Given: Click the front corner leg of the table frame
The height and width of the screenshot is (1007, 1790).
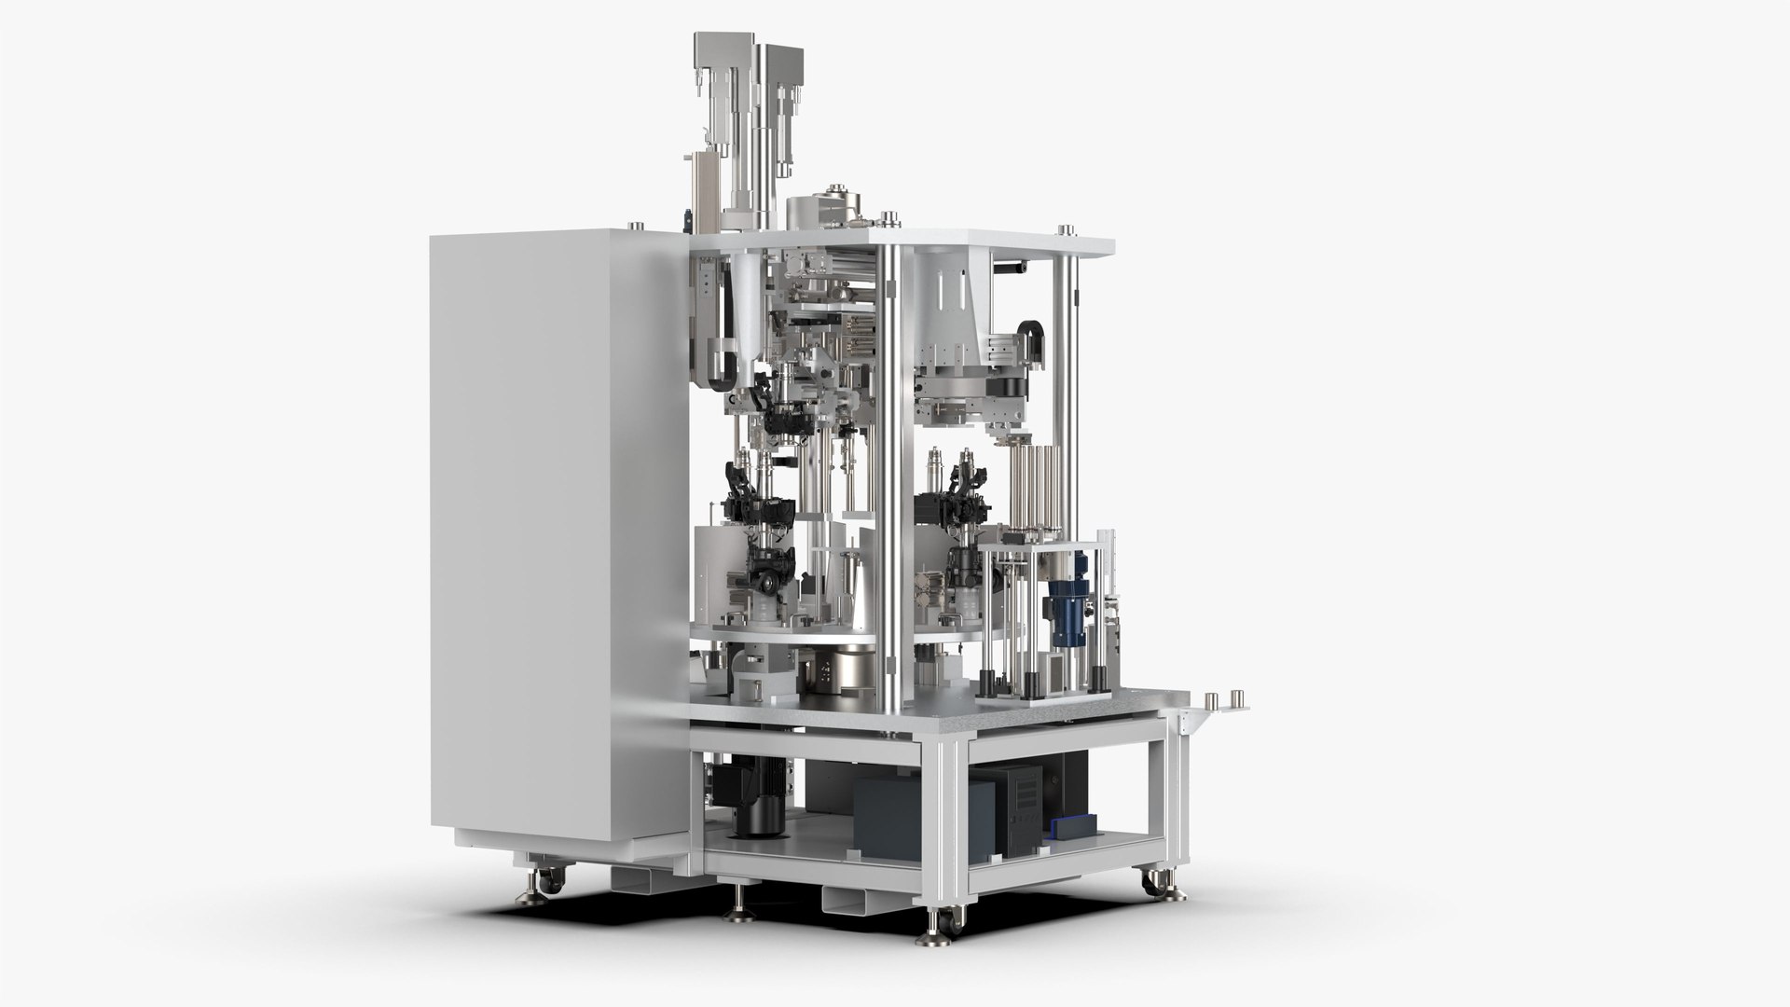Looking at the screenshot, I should click(951, 821).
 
